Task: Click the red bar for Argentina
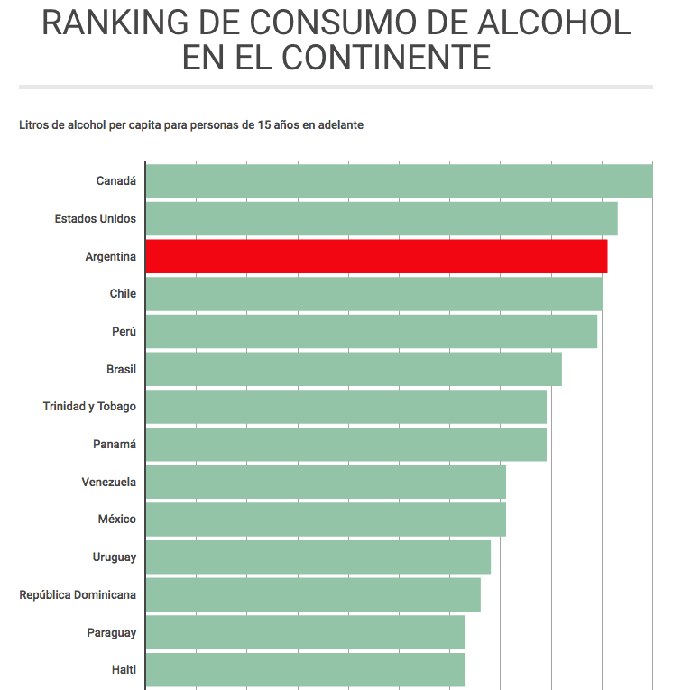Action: click(376, 256)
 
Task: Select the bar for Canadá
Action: click(399, 180)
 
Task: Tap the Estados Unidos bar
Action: click(381, 218)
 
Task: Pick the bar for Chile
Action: click(373, 294)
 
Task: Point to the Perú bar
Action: click(371, 331)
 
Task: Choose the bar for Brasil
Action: click(354, 369)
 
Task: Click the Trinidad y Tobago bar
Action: click(345, 407)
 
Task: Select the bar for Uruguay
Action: click(318, 557)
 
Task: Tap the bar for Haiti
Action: click(305, 670)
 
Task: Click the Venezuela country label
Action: click(109, 482)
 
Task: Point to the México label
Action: click(117, 520)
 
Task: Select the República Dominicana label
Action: click(78, 594)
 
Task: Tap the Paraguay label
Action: click(112, 632)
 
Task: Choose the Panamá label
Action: click(115, 444)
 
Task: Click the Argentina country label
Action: click(111, 256)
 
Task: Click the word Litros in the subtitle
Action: click(34, 125)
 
